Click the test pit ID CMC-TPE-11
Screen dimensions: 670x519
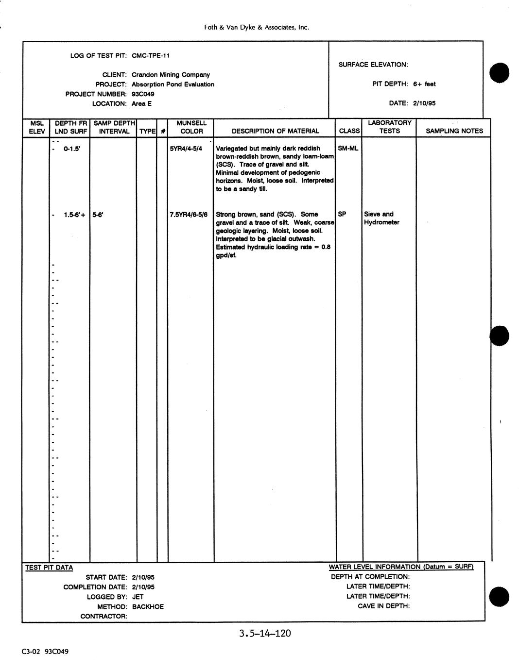(x=151, y=55)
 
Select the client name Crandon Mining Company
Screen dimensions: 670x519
(x=171, y=75)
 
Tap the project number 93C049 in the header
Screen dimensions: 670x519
(x=143, y=94)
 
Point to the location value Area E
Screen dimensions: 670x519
(x=141, y=103)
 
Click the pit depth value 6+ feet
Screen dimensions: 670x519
(x=424, y=84)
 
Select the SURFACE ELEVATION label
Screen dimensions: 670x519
(x=373, y=65)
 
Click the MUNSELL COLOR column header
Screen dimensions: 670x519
(x=191, y=127)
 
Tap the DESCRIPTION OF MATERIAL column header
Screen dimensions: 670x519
(x=275, y=131)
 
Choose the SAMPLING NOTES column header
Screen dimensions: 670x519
(x=454, y=131)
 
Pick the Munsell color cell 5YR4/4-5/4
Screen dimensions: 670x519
(x=186, y=149)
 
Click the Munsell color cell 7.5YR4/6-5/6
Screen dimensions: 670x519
(x=189, y=214)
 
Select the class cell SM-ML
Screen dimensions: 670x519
(x=348, y=149)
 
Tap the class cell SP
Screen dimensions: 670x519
(x=342, y=214)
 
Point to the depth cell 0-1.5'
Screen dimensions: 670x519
(x=72, y=149)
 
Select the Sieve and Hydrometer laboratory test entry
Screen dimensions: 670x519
(x=381, y=218)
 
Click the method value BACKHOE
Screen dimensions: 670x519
(x=148, y=606)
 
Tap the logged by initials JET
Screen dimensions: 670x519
(x=138, y=597)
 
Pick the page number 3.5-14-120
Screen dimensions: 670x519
(x=265, y=633)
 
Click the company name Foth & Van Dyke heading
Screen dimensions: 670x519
(x=257, y=28)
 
